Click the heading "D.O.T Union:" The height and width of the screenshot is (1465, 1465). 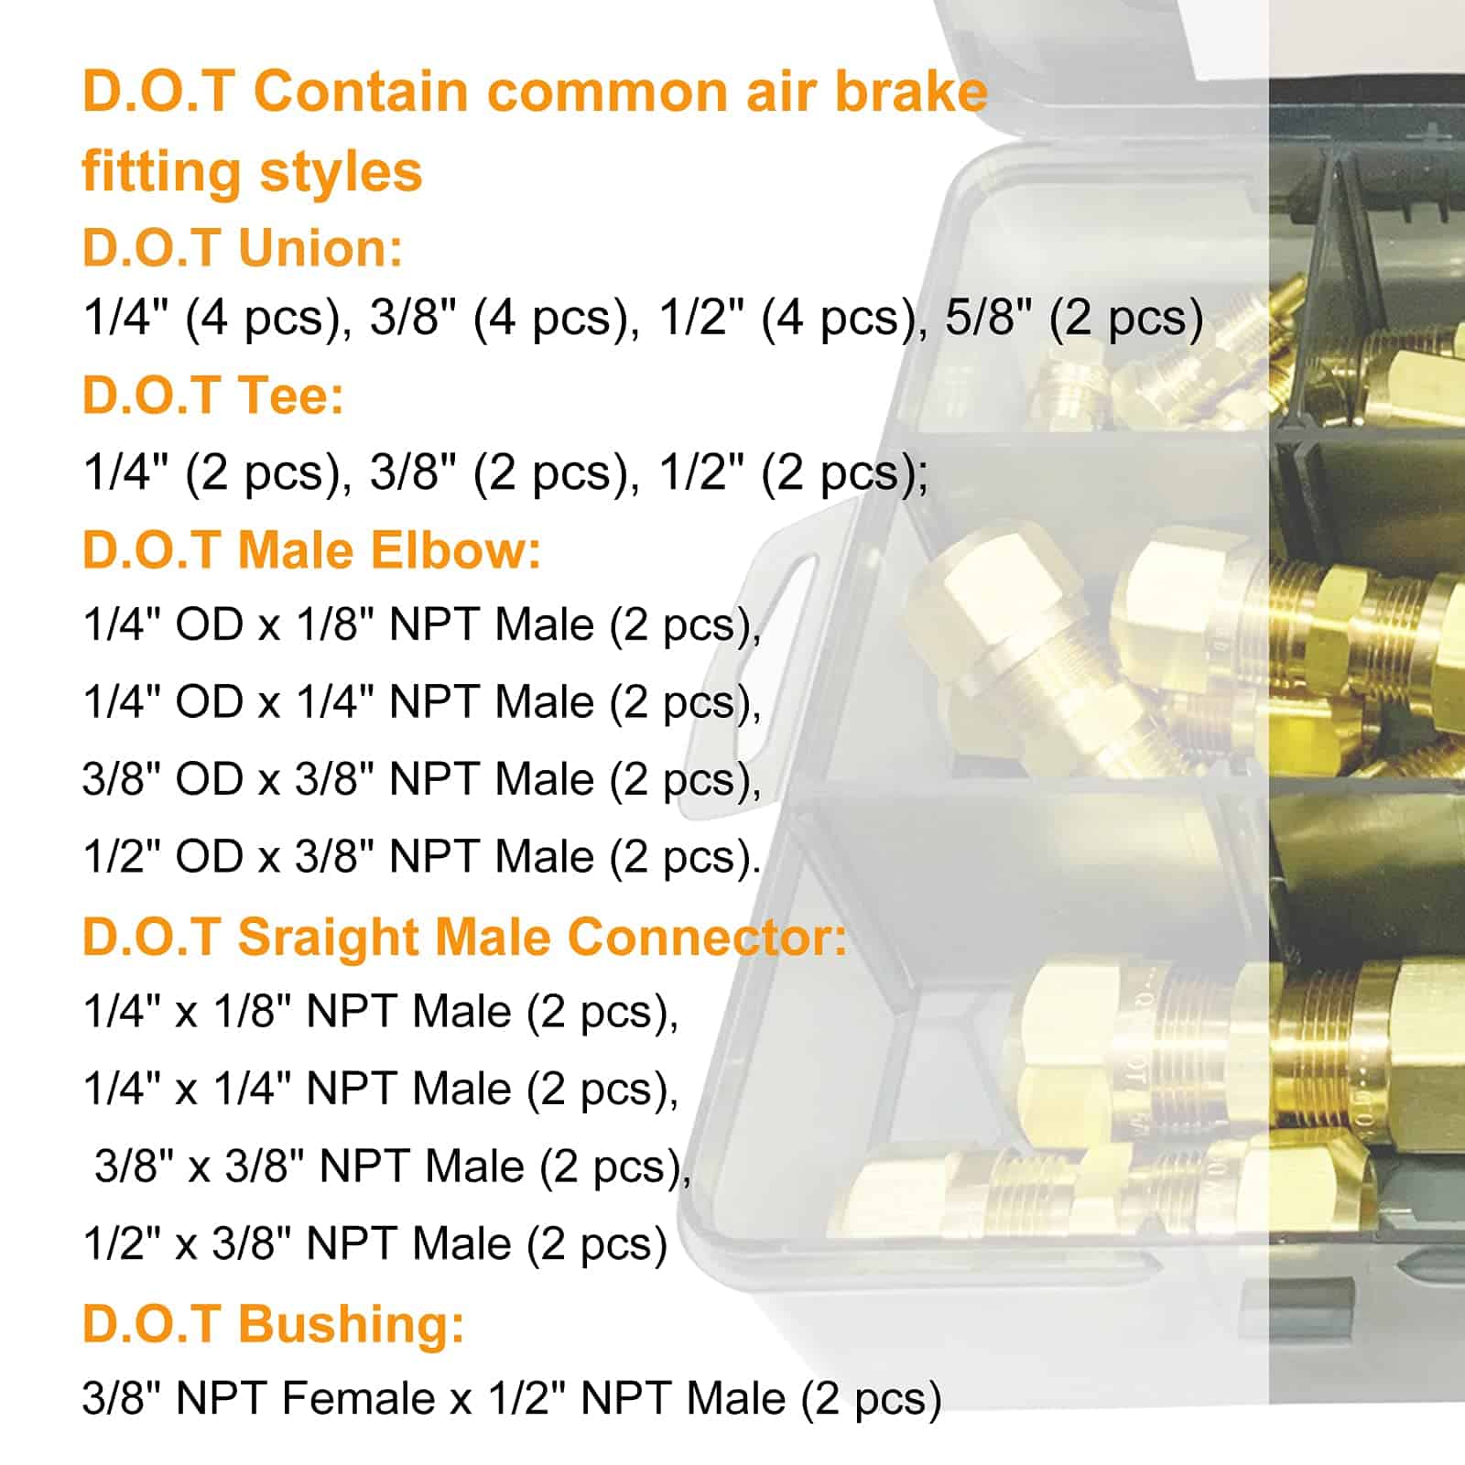pyautogui.click(x=243, y=248)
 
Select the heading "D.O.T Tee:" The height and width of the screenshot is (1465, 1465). pyautogui.click(x=213, y=396)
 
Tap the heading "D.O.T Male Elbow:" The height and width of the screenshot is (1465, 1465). pyautogui.click(x=312, y=550)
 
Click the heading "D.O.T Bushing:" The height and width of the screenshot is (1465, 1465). pyautogui.click(x=274, y=1324)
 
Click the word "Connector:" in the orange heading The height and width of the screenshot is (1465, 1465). pyautogui.click(x=708, y=937)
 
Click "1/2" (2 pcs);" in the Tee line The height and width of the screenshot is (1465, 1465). pyautogui.click(x=794, y=473)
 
